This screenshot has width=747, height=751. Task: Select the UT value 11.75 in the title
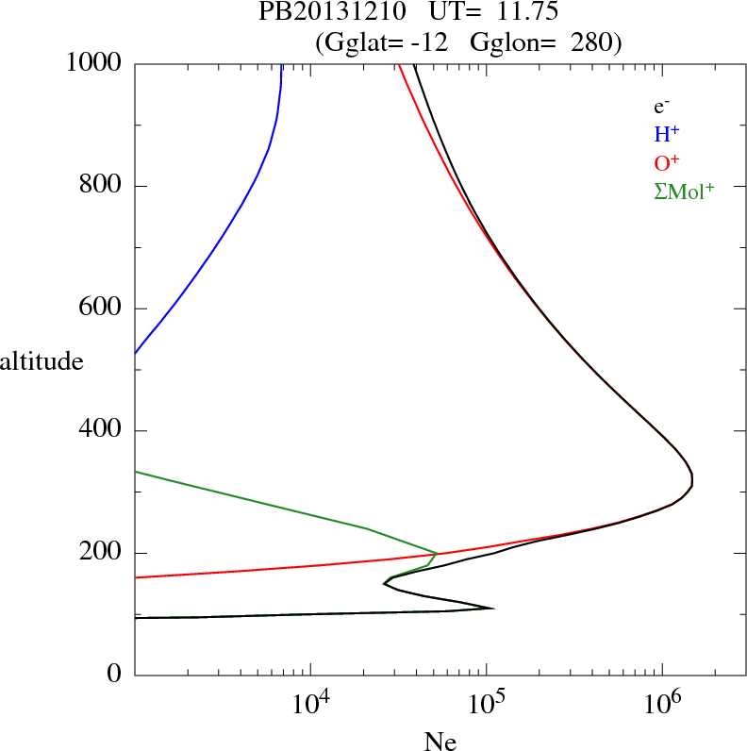(511, 12)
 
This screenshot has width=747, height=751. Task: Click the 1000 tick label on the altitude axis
(95, 63)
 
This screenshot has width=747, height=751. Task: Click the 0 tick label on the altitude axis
(116, 676)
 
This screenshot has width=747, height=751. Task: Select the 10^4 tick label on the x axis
(311, 702)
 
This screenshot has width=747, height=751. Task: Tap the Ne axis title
(440, 742)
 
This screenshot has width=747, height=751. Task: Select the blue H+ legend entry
(667, 135)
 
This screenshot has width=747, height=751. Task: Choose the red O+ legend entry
(668, 163)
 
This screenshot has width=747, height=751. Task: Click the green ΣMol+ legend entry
(684, 192)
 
